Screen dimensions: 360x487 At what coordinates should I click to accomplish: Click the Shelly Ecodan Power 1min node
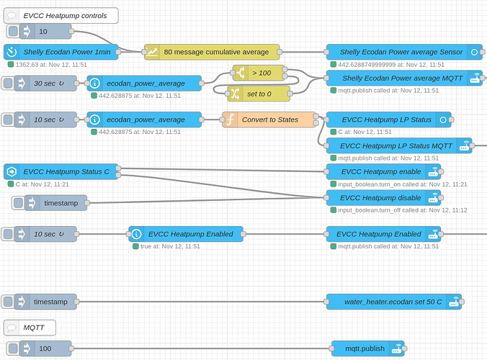click(x=61, y=52)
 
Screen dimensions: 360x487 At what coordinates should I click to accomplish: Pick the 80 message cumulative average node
click(x=212, y=52)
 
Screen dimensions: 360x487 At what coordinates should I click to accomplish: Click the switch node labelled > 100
click(x=260, y=73)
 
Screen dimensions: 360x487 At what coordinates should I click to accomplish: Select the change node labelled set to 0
click(x=259, y=93)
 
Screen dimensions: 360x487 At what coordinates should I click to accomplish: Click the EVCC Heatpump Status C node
click(x=61, y=171)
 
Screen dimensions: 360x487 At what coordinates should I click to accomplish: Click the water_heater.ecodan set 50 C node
click(x=393, y=302)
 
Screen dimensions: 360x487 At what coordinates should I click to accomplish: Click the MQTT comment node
click(x=30, y=328)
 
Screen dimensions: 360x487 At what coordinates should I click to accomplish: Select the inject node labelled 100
click(x=45, y=348)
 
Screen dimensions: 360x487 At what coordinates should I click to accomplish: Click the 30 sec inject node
click(x=47, y=83)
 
